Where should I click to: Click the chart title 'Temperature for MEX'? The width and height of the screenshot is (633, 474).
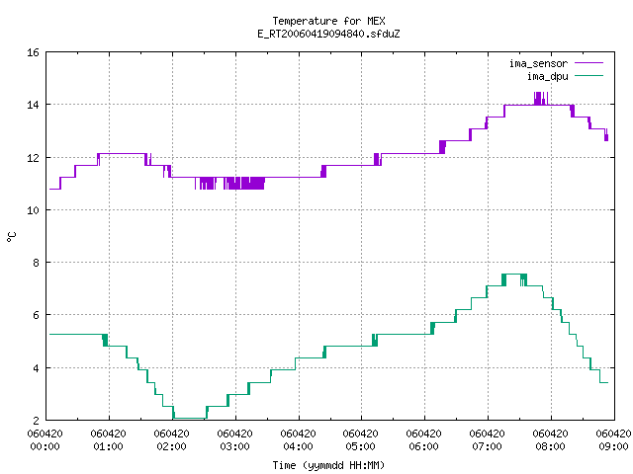point(328,21)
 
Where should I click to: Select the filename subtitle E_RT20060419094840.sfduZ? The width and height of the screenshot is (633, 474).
point(328,34)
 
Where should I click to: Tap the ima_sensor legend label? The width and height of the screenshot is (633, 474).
point(538,63)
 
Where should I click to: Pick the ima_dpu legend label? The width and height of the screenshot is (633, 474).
point(547,76)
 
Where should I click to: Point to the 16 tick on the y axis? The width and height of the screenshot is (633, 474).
point(33,52)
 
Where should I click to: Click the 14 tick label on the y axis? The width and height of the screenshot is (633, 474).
point(33,105)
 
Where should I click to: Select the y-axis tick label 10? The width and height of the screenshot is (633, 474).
point(33,210)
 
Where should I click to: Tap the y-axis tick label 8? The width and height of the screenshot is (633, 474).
point(36,263)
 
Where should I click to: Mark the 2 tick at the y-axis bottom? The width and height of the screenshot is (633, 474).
point(36,421)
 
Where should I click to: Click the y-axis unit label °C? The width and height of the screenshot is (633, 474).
point(12,237)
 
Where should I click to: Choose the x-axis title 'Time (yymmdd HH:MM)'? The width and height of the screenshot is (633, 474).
point(328,465)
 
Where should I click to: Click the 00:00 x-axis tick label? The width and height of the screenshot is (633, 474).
point(45,446)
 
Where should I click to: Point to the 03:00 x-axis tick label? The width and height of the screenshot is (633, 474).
point(235,446)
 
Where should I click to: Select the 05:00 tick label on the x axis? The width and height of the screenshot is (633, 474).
point(360,446)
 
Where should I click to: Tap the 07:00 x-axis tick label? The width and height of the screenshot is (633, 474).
point(488,446)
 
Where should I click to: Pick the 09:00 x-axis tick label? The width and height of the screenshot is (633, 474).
point(613,446)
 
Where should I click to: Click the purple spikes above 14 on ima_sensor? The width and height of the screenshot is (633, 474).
point(541,99)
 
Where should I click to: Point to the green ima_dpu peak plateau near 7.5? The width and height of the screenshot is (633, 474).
point(514,275)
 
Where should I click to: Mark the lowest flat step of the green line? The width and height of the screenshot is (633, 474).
point(190,419)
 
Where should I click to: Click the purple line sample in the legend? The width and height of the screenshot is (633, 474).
point(589,63)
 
